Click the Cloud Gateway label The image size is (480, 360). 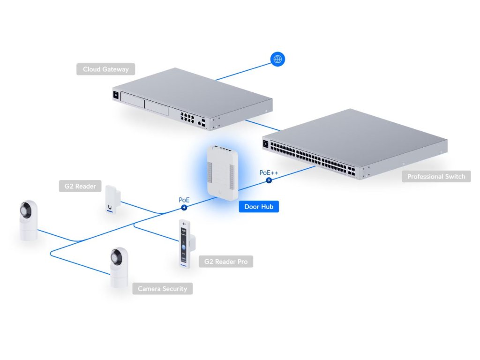click(105, 69)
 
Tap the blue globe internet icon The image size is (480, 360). click(277, 59)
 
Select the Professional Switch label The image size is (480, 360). click(436, 177)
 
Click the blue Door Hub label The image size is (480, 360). click(259, 206)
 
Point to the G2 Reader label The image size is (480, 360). click(80, 186)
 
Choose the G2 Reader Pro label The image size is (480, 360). click(226, 262)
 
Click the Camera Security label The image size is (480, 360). click(162, 289)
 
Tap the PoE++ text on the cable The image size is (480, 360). click(269, 172)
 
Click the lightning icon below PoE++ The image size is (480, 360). click(269, 180)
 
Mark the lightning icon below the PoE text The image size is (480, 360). click(184, 207)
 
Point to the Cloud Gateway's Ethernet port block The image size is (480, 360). click(186, 115)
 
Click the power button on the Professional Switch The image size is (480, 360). click(266, 144)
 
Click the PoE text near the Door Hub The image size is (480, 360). click(184, 200)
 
